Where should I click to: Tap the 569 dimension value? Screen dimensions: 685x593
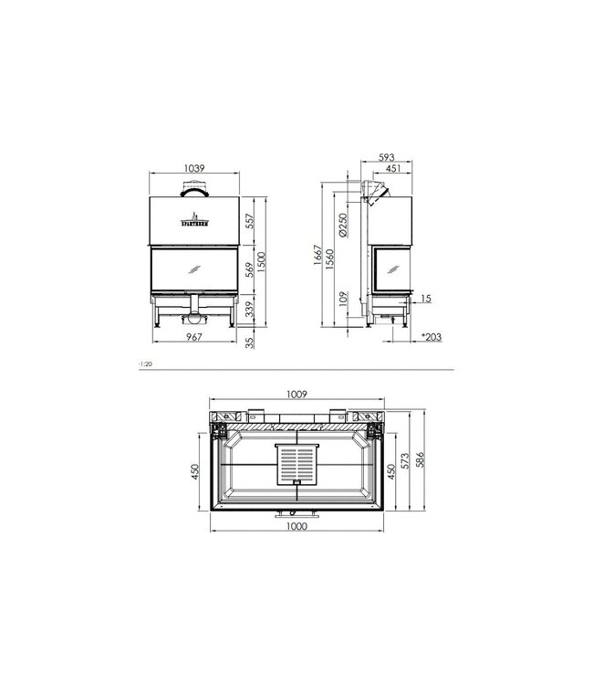click(249, 270)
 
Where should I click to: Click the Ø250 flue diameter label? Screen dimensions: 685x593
click(342, 226)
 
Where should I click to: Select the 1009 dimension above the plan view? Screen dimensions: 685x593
click(295, 395)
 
